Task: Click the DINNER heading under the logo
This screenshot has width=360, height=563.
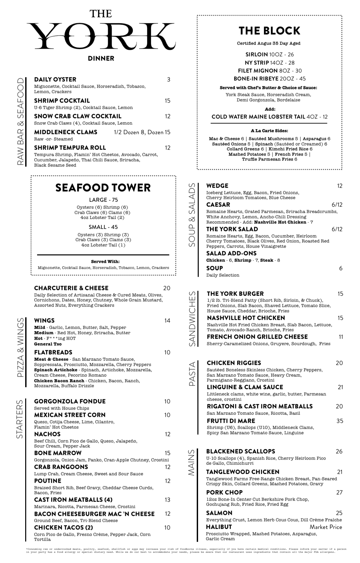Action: (101, 59)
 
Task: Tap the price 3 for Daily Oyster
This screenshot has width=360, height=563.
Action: (169, 79)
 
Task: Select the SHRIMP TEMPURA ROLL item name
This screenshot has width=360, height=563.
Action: (70, 148)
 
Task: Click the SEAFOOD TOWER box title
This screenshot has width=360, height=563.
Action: (103, 188)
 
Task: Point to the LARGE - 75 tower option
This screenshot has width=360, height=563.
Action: (103, 200)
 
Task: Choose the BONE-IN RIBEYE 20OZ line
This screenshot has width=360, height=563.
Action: (270, 79)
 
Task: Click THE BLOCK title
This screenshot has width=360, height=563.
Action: (269, 31)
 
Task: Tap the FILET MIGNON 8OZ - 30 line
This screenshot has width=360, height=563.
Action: (270, 71)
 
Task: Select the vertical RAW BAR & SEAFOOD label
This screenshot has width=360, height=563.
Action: (21, 122)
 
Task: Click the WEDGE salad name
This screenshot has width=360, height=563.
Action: (217, 186)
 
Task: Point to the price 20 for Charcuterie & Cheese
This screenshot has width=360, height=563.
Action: (167, 288)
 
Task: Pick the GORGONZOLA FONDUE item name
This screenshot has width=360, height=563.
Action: (70, 401)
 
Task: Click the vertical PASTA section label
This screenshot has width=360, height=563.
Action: (192, 374)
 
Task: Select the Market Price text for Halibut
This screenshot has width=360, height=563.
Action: (326, 527)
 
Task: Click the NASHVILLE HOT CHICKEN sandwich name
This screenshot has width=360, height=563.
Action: (246, 318)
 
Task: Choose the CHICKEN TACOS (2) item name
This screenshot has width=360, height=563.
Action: (64, 528)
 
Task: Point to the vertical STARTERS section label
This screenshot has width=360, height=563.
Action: (21, 419)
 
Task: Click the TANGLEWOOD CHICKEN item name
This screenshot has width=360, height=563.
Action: (243, 472)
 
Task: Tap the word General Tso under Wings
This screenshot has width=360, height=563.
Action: (48, 344)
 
